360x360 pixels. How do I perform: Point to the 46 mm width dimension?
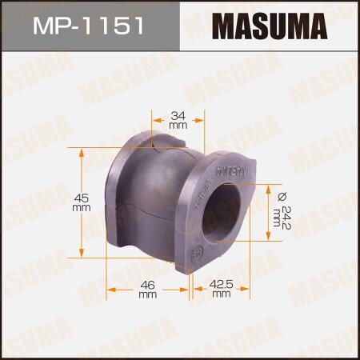coord(147,288)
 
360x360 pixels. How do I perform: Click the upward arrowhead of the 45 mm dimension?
coord(80,152)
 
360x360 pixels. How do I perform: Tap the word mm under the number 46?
coord(147,294)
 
